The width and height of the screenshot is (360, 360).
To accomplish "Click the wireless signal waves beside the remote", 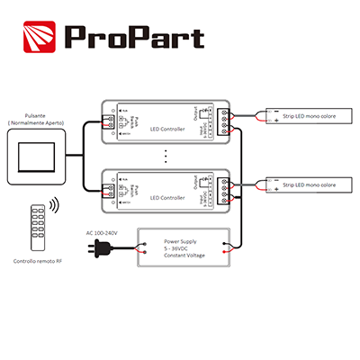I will pos(53,208).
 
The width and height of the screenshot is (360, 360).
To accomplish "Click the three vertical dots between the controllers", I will pos(166,155).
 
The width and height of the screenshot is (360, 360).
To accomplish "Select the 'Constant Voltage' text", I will pos(186,256).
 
